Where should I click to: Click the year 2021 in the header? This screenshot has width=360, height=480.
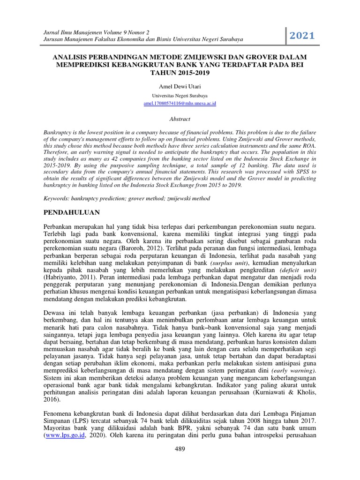pos(302,36)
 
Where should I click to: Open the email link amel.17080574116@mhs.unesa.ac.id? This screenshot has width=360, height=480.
pos(180,103)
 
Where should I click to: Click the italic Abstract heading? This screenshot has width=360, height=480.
pos(180,119)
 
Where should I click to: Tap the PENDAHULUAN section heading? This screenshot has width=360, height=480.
pos(72,212)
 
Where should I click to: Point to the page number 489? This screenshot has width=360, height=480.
pos(180,449)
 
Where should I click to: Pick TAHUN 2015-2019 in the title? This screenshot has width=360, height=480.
pos(180,73)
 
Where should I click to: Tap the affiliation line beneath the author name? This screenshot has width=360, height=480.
pos(180,95)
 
